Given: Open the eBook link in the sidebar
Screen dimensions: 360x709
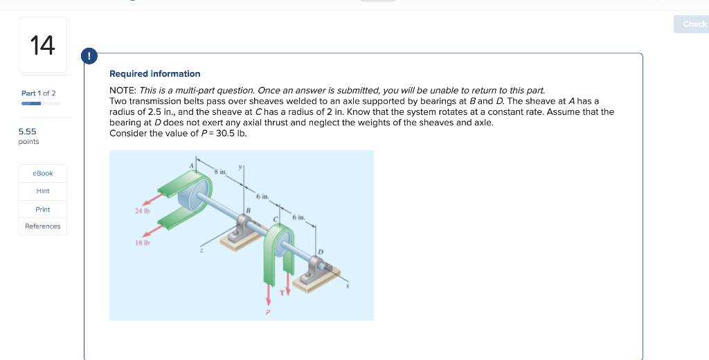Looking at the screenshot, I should pyautogui.click(x=43, y=173).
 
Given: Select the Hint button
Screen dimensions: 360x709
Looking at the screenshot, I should pyautogui.click(x=43, y=191).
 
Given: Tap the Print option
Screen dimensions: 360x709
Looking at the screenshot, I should pyautogui.click(x=43, y=209).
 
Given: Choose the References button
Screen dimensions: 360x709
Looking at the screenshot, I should pyautogui.click(x=43, y=226).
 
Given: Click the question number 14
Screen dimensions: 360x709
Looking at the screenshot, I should pyautogui.click(x=42, y=46).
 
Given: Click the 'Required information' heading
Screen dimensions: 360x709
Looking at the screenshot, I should pyautogui.click(x=154, y=73).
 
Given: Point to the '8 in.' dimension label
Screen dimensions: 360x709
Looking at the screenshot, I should pyautogui.click(x=220, y=172).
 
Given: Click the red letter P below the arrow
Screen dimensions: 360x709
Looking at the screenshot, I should pyautogui.click(x=268, y=312).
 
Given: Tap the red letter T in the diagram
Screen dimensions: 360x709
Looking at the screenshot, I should pyautogui.click(x=281, y=291).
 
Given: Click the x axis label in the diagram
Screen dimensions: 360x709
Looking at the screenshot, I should pyautogui.click(x=347, y=286).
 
